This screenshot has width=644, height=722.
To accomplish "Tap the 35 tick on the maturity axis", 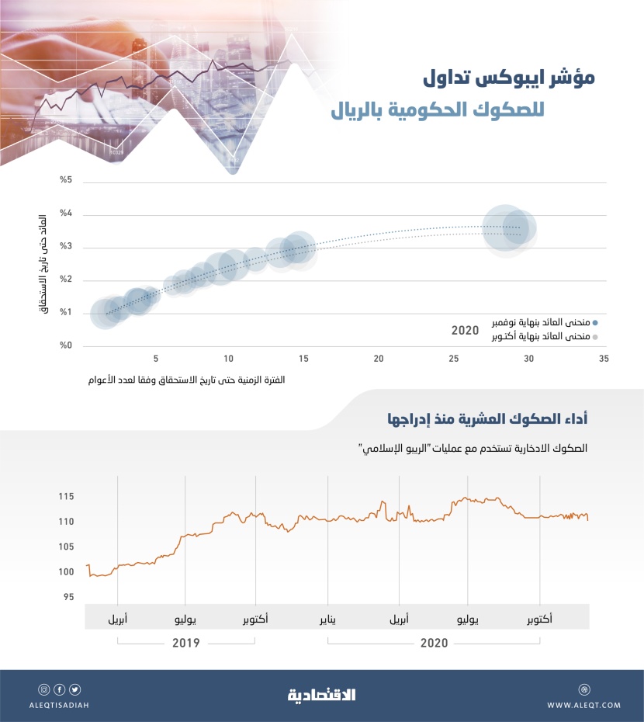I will point(602,359).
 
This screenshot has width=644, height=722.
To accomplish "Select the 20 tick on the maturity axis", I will point(379,359).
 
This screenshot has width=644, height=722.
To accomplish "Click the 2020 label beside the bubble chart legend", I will point(465,330).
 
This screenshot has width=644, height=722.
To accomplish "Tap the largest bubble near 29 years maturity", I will point(504,227).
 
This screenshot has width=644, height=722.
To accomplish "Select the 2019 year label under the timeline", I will point(186,643).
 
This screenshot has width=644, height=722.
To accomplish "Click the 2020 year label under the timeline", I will point(435,643).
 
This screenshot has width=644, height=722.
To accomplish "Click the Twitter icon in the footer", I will point(74,689).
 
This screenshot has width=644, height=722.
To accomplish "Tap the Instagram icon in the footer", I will point(43,689).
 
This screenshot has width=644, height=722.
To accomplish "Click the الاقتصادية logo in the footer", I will point(321,694).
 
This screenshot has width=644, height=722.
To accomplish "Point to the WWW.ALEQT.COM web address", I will point(583,705).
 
